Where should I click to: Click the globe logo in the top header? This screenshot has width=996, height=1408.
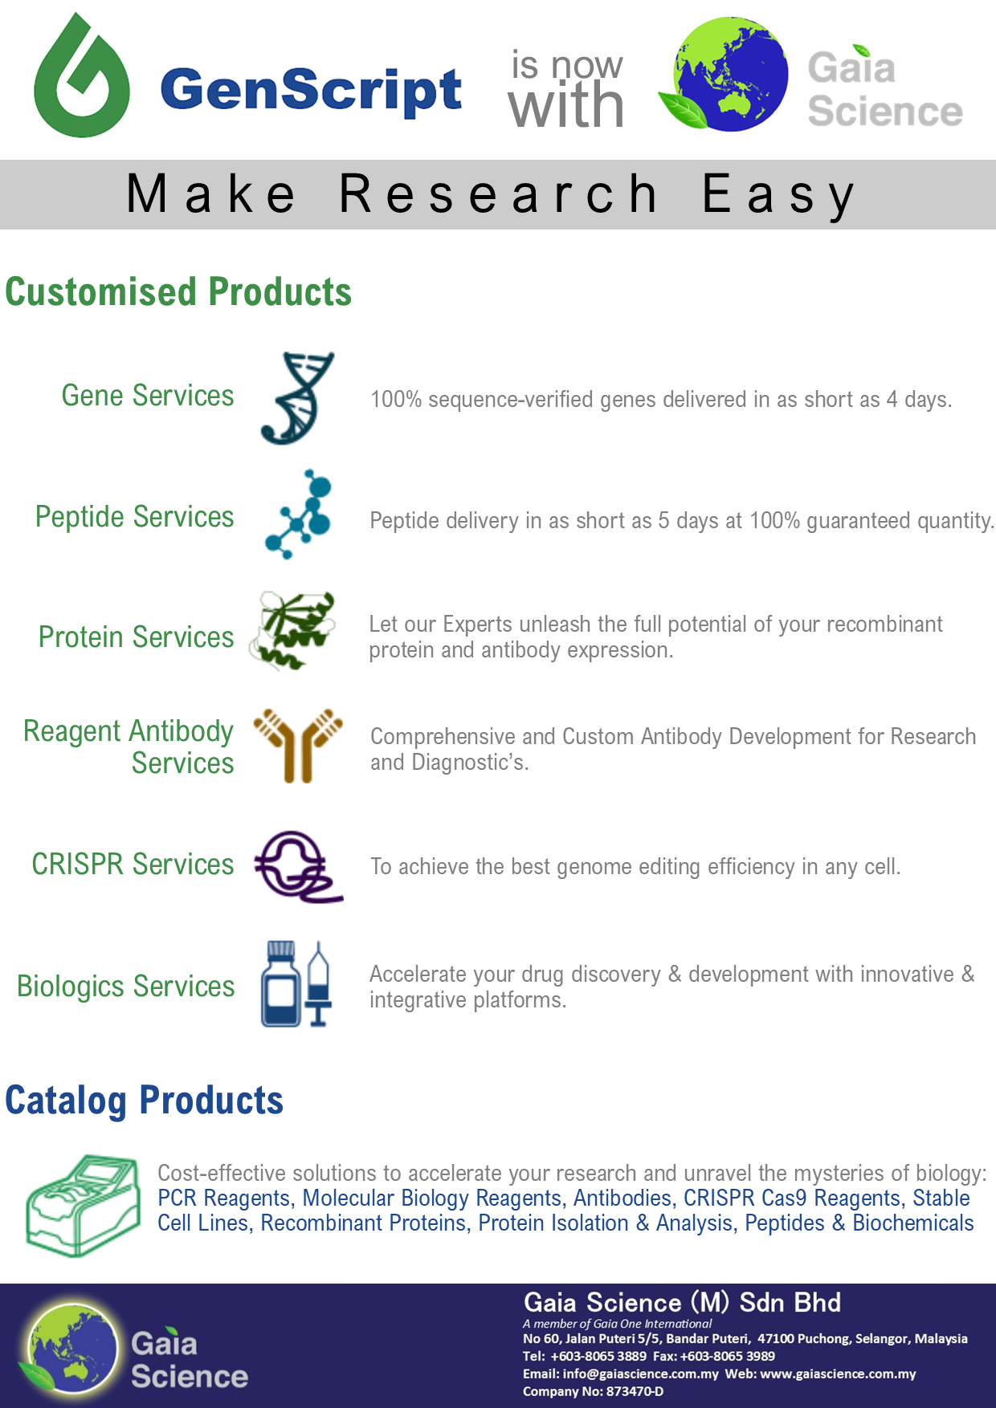[724, 75]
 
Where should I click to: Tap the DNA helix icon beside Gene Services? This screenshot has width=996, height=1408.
[296, 398]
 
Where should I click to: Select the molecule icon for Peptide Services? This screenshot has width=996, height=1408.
[298, 515]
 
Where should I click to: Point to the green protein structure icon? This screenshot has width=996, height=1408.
[292, 630]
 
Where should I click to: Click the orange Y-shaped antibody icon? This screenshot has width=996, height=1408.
[298, 745]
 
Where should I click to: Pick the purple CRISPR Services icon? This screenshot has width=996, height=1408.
[298, 867]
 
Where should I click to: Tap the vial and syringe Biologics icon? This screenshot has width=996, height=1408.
[296, 984]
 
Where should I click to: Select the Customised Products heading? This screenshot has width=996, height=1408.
[178, 291]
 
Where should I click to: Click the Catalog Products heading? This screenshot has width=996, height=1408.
[145, 1100]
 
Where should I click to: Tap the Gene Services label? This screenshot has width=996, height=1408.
[148, 396]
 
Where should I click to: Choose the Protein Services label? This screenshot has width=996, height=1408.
[137, 637]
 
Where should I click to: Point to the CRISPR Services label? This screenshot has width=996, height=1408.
[133, 865]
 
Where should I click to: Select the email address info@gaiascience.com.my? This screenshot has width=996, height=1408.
[640, 1373]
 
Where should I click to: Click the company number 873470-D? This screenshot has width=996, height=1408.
[635, 1391]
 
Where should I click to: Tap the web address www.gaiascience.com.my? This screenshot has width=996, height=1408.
[838, 1373]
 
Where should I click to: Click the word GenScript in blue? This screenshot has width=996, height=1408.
[312, 89]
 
